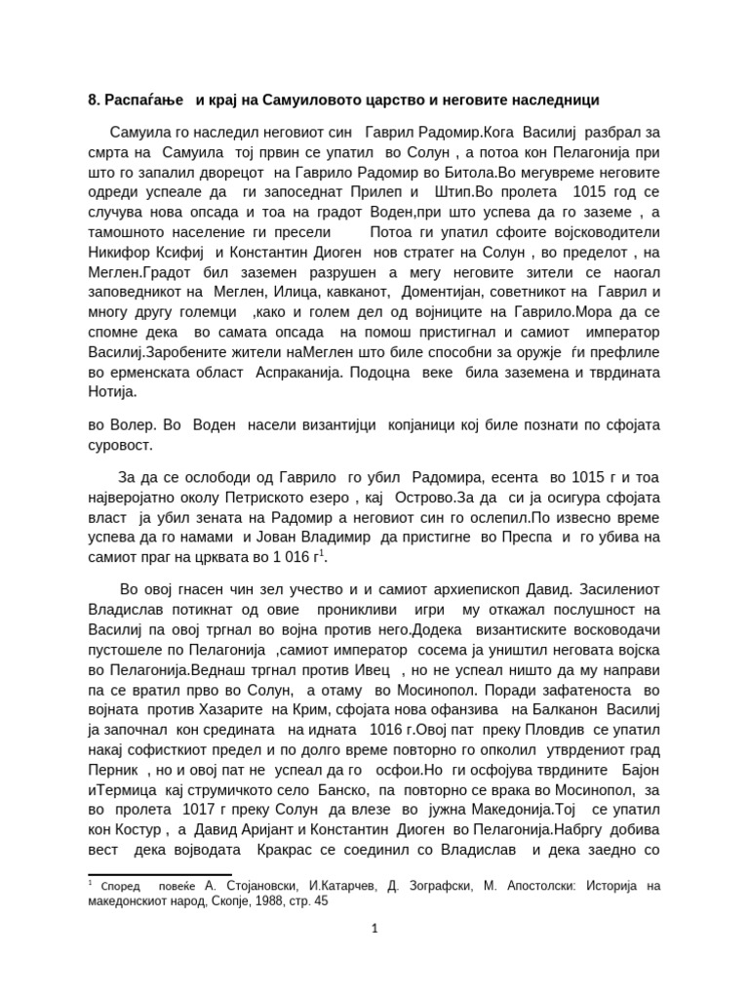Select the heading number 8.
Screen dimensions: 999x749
[94, 100]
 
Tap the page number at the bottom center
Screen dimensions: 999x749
[374, 929]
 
